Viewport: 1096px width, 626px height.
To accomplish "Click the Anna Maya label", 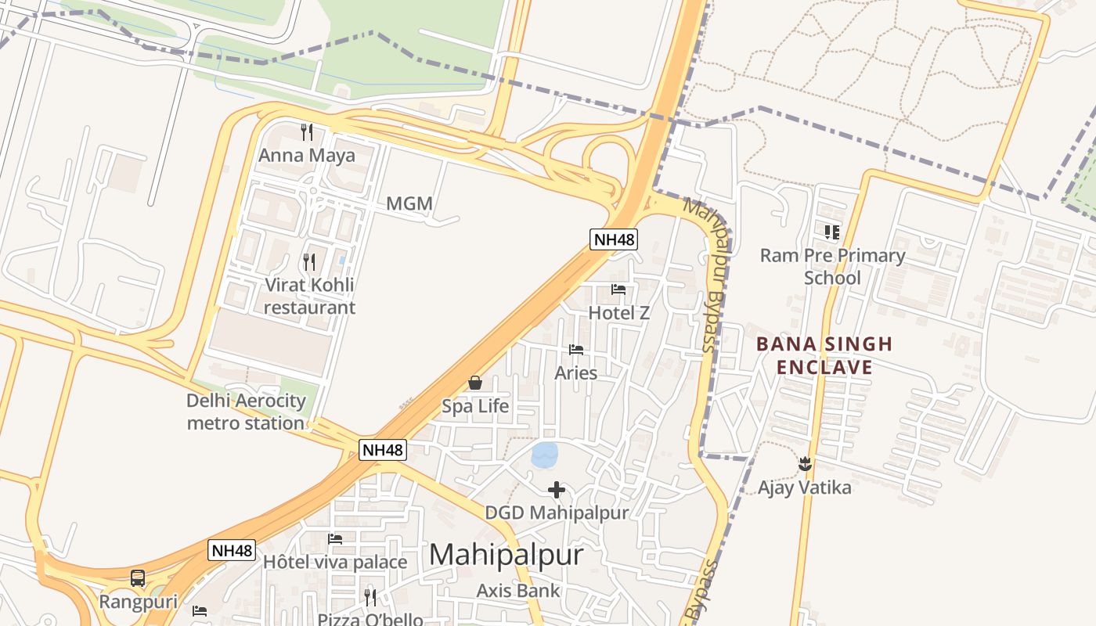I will click(307, 155).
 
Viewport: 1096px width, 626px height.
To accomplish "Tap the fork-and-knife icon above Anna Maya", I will click(307, 131).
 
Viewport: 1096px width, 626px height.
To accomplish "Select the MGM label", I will click(409, 204).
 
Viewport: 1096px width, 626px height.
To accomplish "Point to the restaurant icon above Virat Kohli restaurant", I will click(309, 261).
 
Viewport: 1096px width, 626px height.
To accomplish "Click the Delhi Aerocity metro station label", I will click(246, 412).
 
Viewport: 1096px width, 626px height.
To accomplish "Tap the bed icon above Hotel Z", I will click(618, 290).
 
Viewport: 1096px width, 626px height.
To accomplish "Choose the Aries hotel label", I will click(576, 373).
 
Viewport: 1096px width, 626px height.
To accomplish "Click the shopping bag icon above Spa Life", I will click(475, 383).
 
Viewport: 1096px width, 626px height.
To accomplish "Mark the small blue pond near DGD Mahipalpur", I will click(545, 454).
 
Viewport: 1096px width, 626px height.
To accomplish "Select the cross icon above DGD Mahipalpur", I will click(557, 490).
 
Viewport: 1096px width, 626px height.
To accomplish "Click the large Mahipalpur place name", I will click(507, 555).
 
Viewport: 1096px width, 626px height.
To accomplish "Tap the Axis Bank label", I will click(518, 591).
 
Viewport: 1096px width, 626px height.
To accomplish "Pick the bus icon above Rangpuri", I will click(138, 578).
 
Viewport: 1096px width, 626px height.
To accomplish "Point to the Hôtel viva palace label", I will click(335, 562).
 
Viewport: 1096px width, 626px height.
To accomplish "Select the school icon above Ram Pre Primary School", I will click(832, 232).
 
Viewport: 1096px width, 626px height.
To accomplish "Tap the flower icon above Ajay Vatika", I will click(805, 464).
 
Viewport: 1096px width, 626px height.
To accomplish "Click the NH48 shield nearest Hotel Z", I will click(614, 239).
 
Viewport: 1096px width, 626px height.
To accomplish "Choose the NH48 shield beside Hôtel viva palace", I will click(232, 550).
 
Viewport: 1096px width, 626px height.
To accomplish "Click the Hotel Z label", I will click(619, 313).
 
